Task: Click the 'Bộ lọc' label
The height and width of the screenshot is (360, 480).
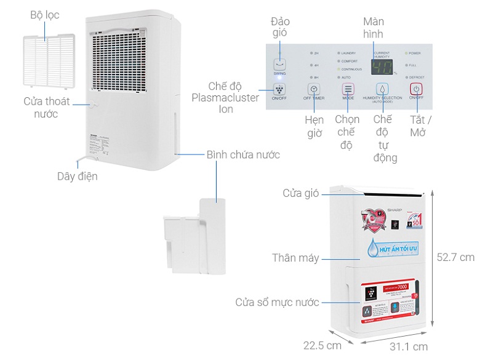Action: (45, 15)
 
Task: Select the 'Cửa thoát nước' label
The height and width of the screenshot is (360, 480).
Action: (47, 108)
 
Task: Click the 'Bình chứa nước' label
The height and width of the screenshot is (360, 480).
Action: (243, 154)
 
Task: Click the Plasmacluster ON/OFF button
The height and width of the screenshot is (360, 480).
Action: (279, 89)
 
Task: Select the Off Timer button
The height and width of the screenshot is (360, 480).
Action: (313, 89)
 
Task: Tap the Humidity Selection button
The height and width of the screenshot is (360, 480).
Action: (382, 89)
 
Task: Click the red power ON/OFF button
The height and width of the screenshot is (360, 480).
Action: (416, 89)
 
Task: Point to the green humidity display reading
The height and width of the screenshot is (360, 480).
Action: (382, 66)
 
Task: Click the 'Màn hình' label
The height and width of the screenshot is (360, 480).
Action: (373, 27)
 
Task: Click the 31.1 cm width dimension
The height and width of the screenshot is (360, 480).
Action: (409, 346)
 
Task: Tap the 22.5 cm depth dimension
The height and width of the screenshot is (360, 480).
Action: (321, 345)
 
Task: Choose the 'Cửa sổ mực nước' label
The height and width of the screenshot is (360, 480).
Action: (277, 302)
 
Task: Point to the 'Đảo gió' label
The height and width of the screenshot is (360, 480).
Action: (280, 27)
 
